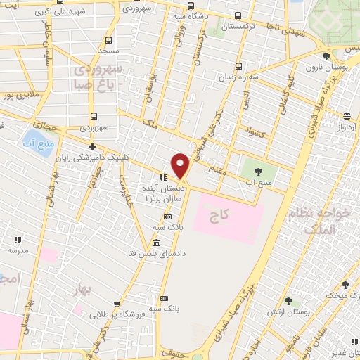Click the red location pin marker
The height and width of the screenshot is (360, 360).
point(181,166)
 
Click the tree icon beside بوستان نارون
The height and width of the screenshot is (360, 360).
point(326,56)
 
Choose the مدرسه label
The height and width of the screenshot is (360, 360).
point(19,250)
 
